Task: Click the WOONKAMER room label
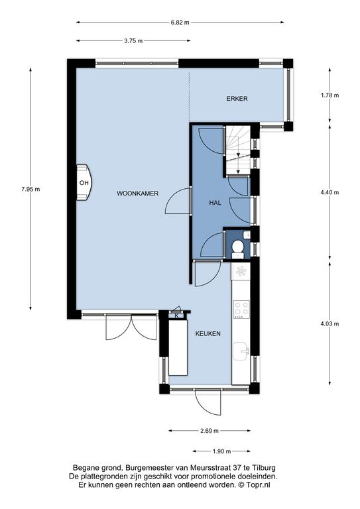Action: (x=138, y=194)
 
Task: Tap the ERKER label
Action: (x=237, y=99)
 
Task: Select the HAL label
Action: (x=215, y=203)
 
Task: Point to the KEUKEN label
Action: (x=208, y=334)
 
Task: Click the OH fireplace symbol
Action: (x=84, y=182)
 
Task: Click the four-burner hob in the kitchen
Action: (x=241, y=310)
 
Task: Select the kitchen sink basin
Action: (x=241, y=351)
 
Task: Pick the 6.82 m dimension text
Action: (x=180, y=23)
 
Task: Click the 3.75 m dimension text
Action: (x=133, y=41)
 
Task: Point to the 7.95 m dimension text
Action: (x=30, y=190)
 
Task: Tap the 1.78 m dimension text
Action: (x=330, y=95)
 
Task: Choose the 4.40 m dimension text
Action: (x=330, y=192)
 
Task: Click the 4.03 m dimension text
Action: (x=330, y=324)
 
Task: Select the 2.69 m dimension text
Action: (x=210, y=431)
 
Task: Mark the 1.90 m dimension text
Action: (x=221, y=451)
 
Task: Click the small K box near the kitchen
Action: (x=177, y=315)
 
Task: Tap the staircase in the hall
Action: (x=238, y=150)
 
